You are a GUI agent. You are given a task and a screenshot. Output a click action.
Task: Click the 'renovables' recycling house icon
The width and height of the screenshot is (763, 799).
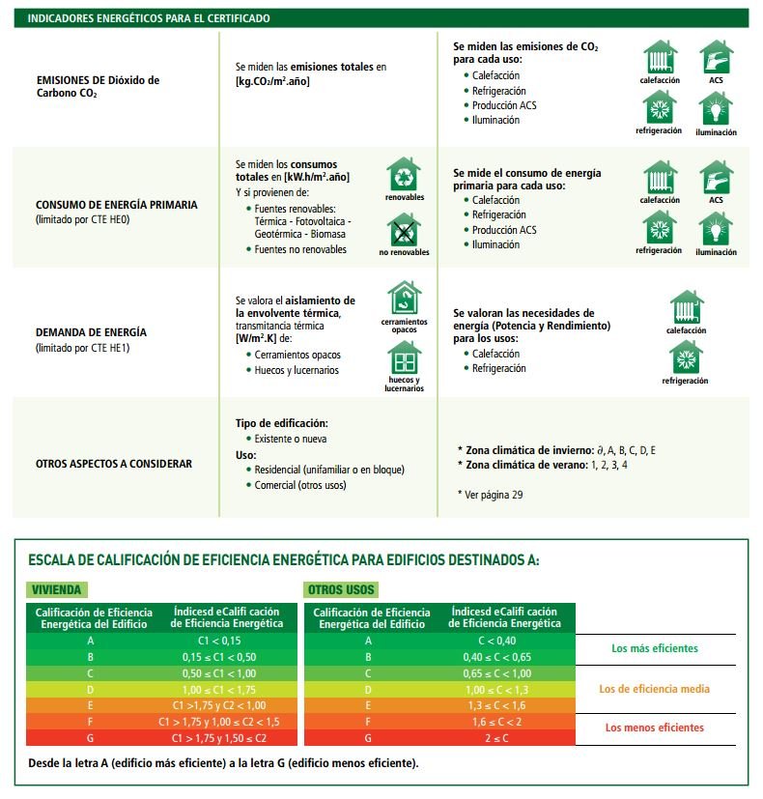tap(404, 175)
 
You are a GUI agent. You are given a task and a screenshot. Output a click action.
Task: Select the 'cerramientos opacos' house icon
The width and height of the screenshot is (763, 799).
tap(404, 298)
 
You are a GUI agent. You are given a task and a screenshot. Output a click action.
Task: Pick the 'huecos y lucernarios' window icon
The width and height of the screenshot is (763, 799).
tap(404, 358)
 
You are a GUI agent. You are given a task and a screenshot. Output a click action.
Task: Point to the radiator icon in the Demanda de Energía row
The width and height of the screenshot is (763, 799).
tap(686, 307)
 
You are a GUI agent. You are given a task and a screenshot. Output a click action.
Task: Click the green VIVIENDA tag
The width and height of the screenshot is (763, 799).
tap(57, 589)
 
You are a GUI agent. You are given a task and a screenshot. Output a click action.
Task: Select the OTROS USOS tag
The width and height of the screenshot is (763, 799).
tap(342, 589)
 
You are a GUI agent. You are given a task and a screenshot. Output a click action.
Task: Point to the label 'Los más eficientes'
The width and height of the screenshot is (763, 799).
tap(654, 648)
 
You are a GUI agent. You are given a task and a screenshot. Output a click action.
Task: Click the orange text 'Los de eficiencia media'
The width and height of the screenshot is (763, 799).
tap(654, 689)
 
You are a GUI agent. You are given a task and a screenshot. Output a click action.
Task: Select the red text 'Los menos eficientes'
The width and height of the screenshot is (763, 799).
tap(654, 728)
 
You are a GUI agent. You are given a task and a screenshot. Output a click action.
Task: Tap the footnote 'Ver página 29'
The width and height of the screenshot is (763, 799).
tap(492, 494)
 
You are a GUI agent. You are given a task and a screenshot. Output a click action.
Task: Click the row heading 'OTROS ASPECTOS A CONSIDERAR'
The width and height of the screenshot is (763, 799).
tap(114, 464)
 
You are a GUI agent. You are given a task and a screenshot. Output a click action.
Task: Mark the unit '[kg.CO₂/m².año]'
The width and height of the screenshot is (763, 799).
tap(272, 81)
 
